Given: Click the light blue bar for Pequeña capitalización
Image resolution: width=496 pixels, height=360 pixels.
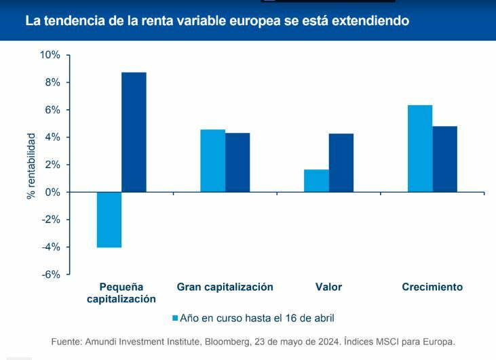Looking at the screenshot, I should (109, 220).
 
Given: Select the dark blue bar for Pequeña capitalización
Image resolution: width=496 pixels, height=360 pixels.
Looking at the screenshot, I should (134, 132).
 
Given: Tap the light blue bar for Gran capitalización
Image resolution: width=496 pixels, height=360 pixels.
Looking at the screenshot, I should (213, 161).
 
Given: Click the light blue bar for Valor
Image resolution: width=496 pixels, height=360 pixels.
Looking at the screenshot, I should (316, 181).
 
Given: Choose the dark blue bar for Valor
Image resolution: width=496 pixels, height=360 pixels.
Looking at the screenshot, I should (341, 163).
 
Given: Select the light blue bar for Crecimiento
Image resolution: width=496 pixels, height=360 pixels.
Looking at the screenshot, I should (420, 148).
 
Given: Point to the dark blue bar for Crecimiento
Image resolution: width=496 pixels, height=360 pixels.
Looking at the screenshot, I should (445, 159).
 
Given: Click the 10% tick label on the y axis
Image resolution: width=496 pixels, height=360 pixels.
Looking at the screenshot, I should (49, 55).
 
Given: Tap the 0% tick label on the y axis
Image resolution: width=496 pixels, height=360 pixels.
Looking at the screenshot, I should (52, 193).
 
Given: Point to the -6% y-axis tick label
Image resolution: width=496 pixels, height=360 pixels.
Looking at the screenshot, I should (50, 275).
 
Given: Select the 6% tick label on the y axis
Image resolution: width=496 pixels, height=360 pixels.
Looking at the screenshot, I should (52, 110).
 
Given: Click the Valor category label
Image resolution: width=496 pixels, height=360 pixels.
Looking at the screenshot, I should (328, 287).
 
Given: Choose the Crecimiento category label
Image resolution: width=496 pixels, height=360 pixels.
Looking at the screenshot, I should (432, 287).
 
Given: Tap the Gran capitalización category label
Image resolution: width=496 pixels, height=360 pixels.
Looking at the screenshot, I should (225, 287).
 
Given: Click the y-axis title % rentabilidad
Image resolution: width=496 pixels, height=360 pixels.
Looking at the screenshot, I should (31, 165).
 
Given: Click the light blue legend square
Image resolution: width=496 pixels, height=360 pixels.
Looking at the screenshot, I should (175, 317).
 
